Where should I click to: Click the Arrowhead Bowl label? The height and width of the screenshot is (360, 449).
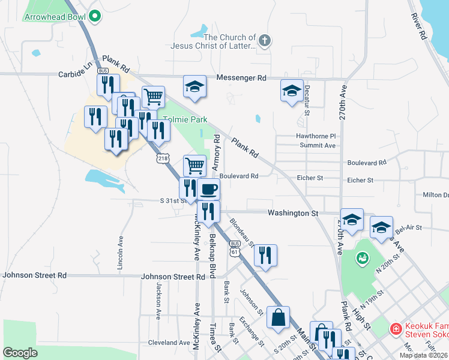click(53, 17)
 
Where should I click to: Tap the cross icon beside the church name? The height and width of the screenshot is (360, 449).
click(265, 40)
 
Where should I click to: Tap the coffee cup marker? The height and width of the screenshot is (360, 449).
click(208, 190)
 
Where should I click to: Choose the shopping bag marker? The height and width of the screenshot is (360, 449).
click(279, 318)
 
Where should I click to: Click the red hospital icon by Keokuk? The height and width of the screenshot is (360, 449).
click(395, 329)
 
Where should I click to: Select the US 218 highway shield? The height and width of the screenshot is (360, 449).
click(160, 158)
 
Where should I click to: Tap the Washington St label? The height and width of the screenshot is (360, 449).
click(293, 212)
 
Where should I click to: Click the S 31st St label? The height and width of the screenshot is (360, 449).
click(174, 200)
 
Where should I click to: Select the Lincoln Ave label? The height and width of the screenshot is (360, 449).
click(121, 248)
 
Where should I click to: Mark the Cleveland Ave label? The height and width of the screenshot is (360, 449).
click(169, 343)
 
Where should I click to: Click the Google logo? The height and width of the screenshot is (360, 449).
click(20, 352)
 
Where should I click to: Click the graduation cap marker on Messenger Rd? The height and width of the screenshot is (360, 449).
click(194, 87)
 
